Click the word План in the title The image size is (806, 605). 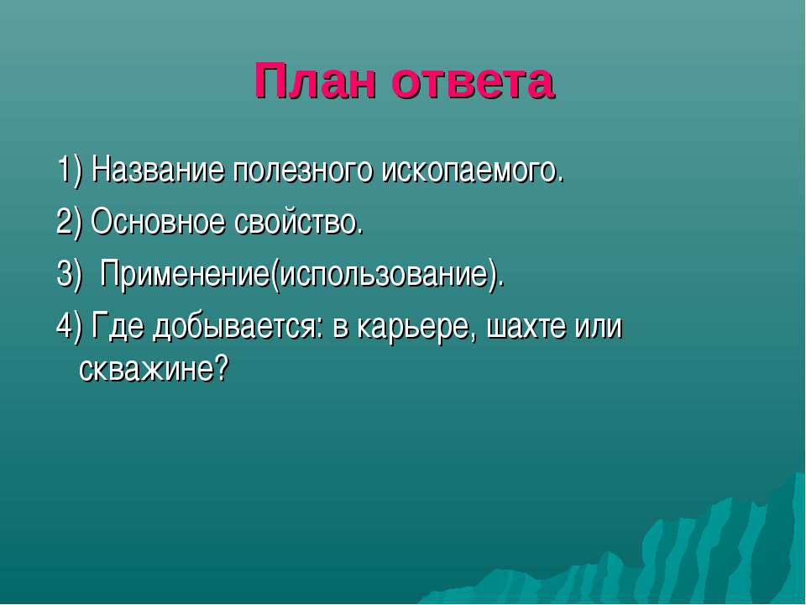(x=315, y=81)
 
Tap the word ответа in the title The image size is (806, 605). (x=473, y=82)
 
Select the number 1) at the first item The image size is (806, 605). (x=69, y=171)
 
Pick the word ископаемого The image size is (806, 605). (x=473, y=171)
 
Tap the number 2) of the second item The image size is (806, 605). (x=69, y=222)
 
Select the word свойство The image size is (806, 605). (x=299, y=223)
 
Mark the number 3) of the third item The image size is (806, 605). (x=69, y=274)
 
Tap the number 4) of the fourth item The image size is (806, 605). (x=69, y=326)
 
